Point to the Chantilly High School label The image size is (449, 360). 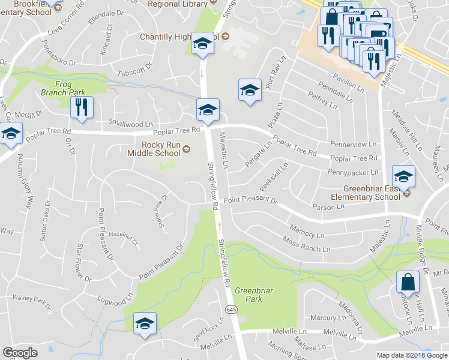pyautogui.click(x=180, y=37)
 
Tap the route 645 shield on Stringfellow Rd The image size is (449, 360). pyautogui.click(x=232, y=308)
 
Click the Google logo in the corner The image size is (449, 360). pyautogui.click(x=20, y=353)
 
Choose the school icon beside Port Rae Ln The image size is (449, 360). pyautogui.click(x=250, y=89)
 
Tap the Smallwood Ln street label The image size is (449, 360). pyautogui.click(x=130, y=124)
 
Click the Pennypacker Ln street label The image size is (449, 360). pyautogui.click(x=352, y=172)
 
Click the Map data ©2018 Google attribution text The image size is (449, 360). pyautogui.click(x=411, y=355)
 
